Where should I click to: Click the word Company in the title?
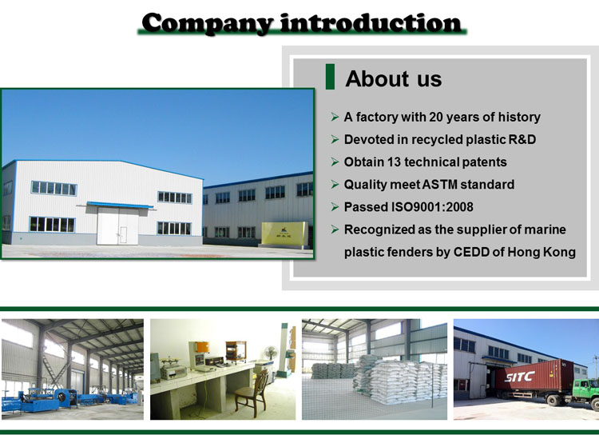point(207,24)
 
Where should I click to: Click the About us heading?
point(394,78)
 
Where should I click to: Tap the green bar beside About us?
point(330,77)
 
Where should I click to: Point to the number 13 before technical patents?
point(394,162)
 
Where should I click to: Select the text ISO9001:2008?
point(432,207)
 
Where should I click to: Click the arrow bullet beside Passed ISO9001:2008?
point(335,207)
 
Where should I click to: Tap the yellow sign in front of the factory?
point(284,233)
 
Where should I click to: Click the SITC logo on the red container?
point(519,377)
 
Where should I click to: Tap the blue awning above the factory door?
point(120,205)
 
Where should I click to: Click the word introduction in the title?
point(371,23)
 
